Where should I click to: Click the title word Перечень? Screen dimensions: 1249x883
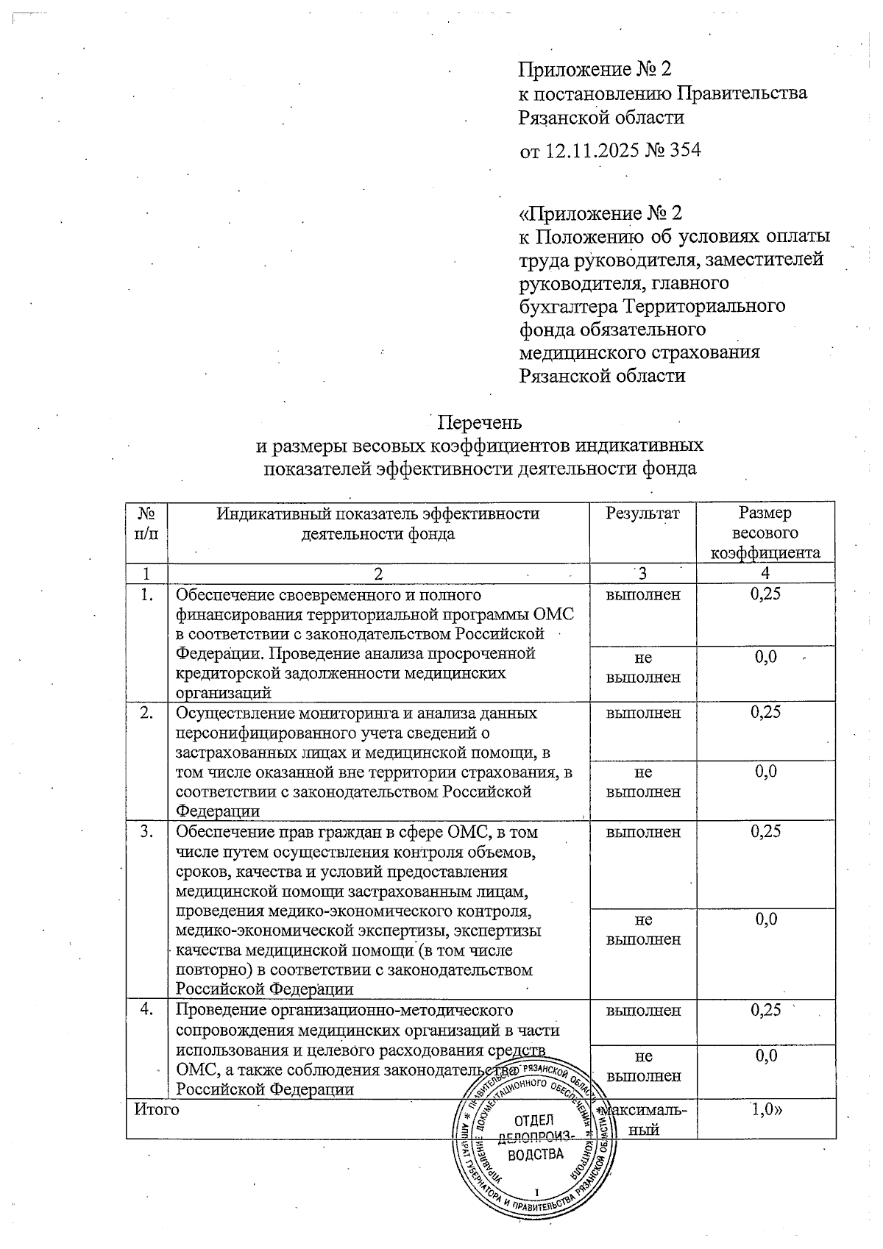tap(480, 422)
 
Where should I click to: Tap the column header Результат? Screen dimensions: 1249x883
tap(642, 513)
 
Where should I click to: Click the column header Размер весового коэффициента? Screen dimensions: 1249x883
tap(765, 533)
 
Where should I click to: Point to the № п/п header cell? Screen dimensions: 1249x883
tap(147, 523)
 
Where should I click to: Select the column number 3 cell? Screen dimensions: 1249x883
tap(642, 573)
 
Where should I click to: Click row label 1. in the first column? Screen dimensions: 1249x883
tap(147, 594)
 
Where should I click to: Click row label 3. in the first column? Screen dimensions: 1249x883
tap(147, 832)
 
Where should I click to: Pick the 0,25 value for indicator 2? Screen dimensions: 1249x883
tap(765, 712)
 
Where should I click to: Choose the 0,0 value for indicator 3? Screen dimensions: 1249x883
tap(765, 919)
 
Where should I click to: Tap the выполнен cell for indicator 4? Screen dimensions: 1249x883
tap(642, 1010)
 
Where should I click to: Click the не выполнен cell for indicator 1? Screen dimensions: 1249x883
tap(642, 667)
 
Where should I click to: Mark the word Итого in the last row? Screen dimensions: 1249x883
tap(156, 1109)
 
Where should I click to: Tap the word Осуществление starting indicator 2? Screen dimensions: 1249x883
tap(231, 713)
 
